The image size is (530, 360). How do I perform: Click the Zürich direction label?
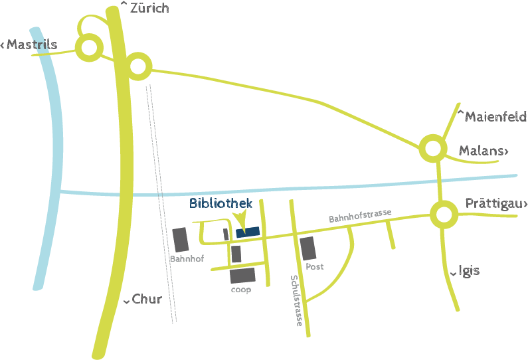145,8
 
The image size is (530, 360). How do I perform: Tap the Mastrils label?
29,45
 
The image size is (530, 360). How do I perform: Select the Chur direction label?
143,299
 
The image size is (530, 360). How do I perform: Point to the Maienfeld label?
491,116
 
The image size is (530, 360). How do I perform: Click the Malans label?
484,151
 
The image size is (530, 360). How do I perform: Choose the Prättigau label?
496,203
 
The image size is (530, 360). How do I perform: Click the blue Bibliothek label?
221,203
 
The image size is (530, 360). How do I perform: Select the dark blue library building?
248,232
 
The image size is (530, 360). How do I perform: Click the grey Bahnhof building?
181,240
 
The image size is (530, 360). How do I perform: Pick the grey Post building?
308,248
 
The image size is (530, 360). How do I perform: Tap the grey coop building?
242,276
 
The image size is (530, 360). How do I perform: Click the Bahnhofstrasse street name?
361,216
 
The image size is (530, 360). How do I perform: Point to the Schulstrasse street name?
296,301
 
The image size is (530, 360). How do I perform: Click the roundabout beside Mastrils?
89,47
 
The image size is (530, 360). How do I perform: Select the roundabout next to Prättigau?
444,215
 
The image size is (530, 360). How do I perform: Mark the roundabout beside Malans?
433,148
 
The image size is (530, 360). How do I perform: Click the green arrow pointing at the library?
241,220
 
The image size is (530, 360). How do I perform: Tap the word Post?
315,267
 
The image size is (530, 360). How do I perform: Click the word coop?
241,290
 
